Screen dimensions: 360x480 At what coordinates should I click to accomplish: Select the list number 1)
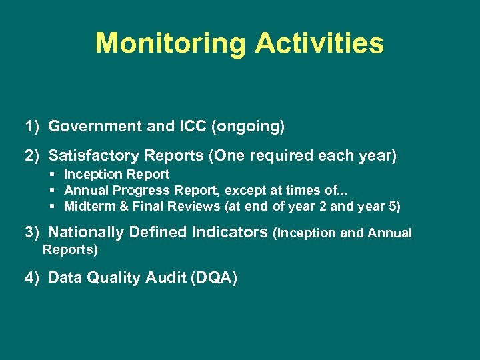pos(33,126)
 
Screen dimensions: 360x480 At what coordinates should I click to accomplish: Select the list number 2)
pos(33,156)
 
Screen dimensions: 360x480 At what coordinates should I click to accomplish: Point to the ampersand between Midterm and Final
pos(124,207)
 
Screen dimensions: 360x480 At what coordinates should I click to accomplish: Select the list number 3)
pos(33,233)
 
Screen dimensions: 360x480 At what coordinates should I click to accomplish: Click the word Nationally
pos(86,233)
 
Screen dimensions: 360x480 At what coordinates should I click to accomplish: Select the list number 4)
pos(33,278)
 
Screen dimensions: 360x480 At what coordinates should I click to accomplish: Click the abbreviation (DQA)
pos(213,278)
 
